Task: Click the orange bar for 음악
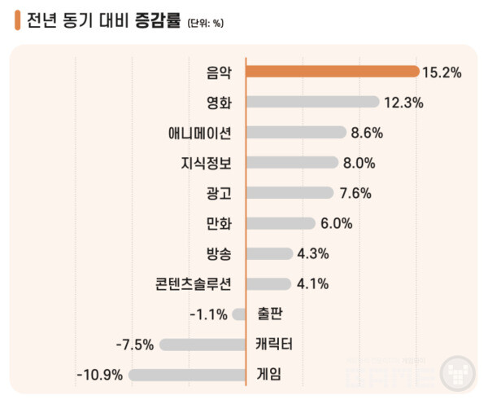coord(332,72)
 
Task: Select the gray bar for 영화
coord(312,102)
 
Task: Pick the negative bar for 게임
coord(187,375)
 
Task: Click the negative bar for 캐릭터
coord(203,345)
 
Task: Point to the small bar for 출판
coord(239,314)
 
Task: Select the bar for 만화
coord(280,223)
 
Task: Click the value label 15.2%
coord(442,72)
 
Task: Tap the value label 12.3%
coord(404,103)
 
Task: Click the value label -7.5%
coord(134,345)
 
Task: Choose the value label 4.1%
coord(312,284)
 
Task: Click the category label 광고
coord(220,193)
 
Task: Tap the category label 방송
coord(220,254)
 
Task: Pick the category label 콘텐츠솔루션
coord(194,284)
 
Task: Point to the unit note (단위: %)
coord(205,23)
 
